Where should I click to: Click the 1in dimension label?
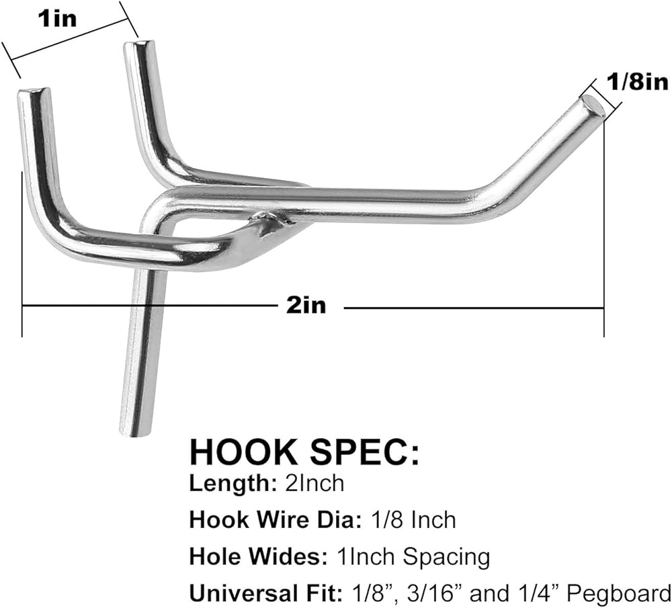(x=57, y=19)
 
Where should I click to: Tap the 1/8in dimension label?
(x=637, y=81)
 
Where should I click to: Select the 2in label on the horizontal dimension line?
(x=306, y=306)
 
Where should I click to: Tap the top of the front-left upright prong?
(x=34, y=92)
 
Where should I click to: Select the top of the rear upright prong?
(x=138, y=44)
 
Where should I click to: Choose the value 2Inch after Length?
(x=314, y=483)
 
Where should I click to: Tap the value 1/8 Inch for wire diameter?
(x=413, y=520)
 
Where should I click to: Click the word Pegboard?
(x=618, y=595)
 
